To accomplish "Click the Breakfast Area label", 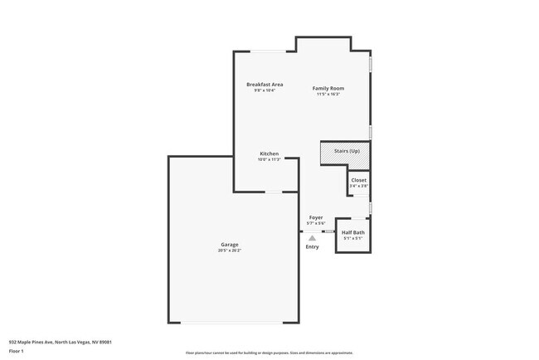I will click(x=265, y=84).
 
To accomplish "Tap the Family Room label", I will click(x=328, y=88).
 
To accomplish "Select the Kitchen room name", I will click(x=269, y=153).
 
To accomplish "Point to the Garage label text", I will click(x=230, y=245).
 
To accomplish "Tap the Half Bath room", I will click(x=353, y=233).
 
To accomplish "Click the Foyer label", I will click(x=316, y=217).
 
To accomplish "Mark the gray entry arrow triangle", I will click(x=313, y=237).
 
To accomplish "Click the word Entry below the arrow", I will click(x=312, y=246).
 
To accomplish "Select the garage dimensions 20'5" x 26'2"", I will click(x=230, y=251).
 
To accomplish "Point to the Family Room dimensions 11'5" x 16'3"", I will click(x=328, y=95).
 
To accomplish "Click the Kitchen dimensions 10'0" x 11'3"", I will click(x=269, y=159).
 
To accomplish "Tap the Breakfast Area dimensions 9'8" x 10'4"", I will click(x=265, y=90).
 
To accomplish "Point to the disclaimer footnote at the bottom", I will click(x=269, y=353).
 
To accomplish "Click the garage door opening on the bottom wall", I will click(x=234, y=323).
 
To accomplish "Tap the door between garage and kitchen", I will click(x=273, y=192).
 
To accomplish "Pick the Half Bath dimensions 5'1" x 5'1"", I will click(x=353, y=239).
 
